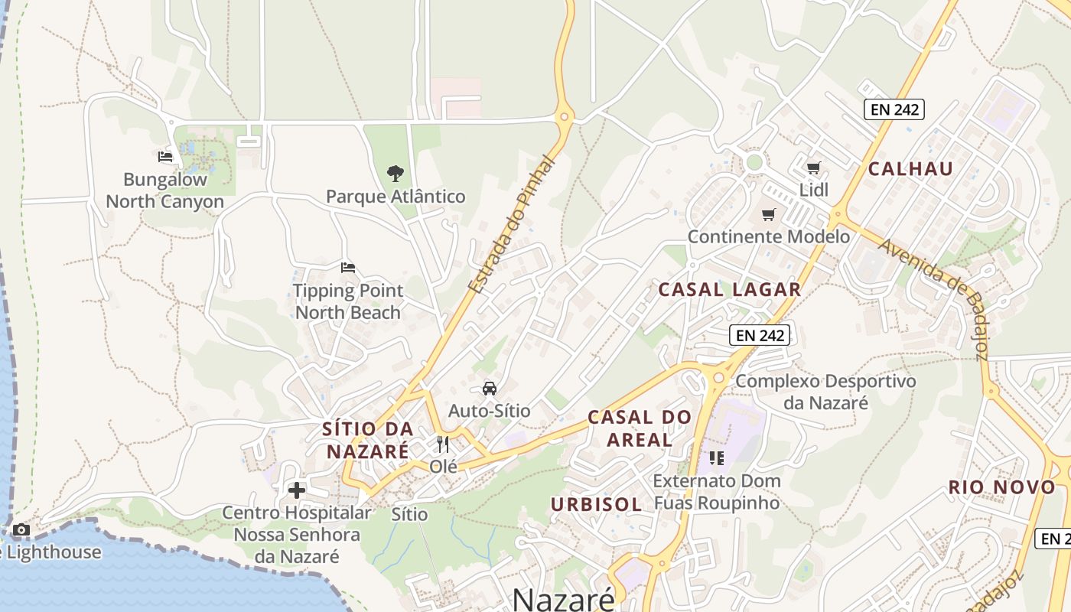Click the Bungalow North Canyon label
164,190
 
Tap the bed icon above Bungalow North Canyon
165,157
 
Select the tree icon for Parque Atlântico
395,173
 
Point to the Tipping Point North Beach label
348,301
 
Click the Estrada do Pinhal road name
509,225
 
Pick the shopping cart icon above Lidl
814,168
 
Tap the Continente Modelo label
768,236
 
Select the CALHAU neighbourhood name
910,169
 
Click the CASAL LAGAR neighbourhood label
729,289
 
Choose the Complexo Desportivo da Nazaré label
825,391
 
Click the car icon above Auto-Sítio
490,389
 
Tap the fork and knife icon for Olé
443,444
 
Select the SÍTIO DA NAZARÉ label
368,440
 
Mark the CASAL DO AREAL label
640,428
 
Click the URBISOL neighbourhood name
596,504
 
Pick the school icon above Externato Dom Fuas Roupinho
717,458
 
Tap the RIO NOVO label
1001,487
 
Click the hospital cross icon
297,490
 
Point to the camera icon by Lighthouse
21,529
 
